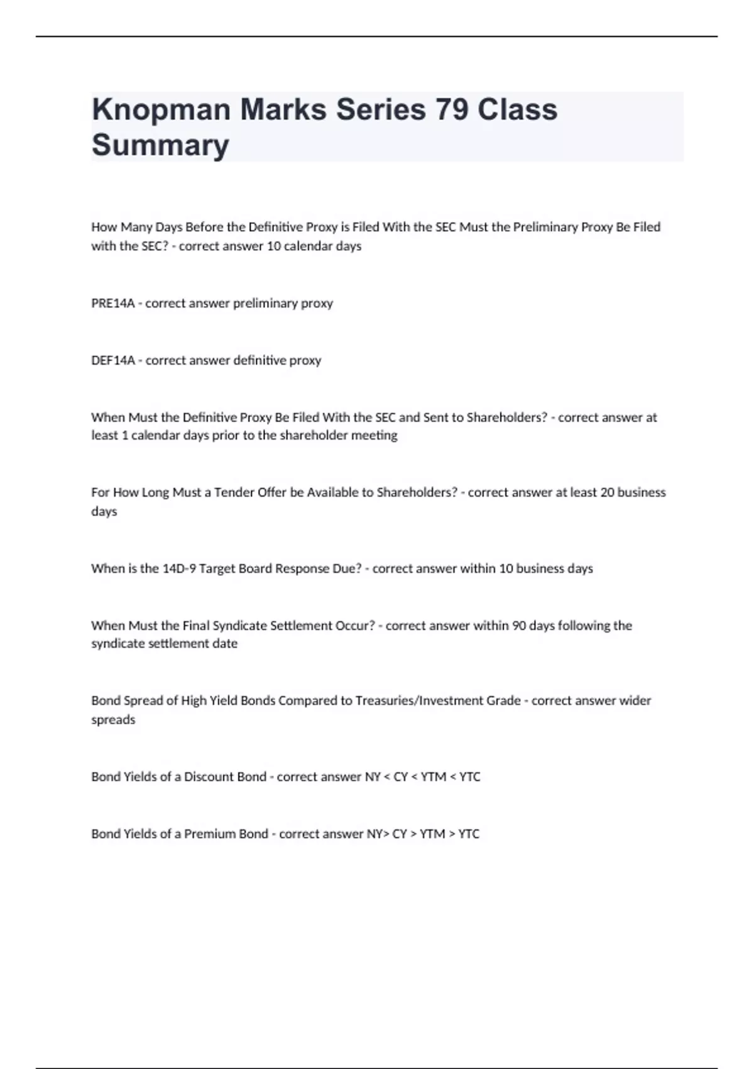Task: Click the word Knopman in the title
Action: pyautogui.click(x=160, y=109)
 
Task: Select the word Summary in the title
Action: pyautogui.click(x=160, y=145)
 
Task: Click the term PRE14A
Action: pyautogui.click(x=113, y=303)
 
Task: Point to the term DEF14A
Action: pyautogui.click(x=113, y=360)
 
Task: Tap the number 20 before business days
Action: pyautogui.click(x=607, y=492)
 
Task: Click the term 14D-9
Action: pyautogui.click(x=179, y=568)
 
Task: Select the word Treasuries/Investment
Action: pyautogui.click(x=438, y=701)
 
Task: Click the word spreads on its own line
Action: pyautogui.click(x=113, y=719)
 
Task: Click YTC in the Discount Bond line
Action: pyautogui.click(x=469, y=777)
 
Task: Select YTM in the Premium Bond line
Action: pyautogui.click(x=432, y=834)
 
